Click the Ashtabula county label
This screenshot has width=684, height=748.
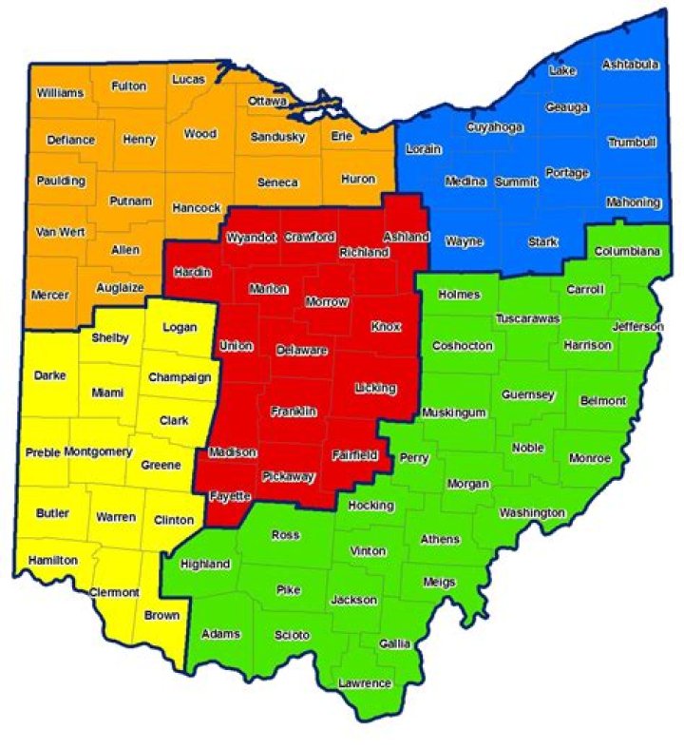point(631,65)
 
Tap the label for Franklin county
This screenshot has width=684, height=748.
point(293,411)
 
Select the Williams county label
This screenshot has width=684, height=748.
point(61,93)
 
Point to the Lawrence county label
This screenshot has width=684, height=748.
point(365,683)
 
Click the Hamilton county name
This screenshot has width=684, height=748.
point(52,560)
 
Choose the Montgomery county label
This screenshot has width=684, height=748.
point(98,451)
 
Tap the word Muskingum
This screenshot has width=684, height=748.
point(453,413)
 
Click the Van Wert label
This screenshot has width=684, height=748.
point(60,231)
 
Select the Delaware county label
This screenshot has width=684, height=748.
point(301,351)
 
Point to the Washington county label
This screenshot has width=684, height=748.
point(532,513)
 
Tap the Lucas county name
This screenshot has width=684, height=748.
point(188,80)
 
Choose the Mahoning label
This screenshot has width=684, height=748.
point(633,202)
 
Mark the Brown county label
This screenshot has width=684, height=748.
point(161,615)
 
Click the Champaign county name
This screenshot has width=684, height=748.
point(179,377)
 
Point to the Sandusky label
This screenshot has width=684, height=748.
point(277,137)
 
